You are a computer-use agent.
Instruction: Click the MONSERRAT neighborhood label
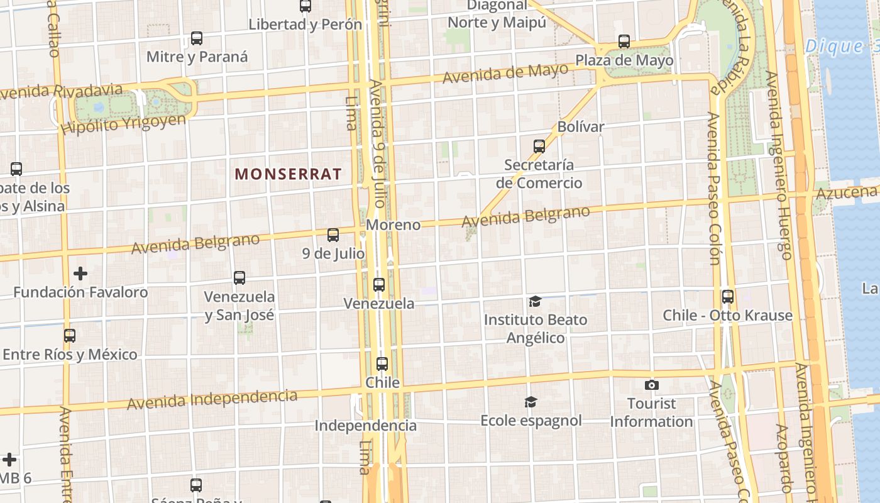[289, 174]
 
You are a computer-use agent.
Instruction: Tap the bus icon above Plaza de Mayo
[624, 41]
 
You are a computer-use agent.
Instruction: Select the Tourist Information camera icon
[652, 384]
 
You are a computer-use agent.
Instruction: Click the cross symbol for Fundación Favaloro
[80, 274]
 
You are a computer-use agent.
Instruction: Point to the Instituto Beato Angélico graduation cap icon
[535, 302]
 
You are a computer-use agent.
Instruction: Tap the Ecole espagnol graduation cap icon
[531, 402]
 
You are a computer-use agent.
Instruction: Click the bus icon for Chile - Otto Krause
[728, 297]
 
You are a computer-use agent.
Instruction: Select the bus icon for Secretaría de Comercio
[539, 146]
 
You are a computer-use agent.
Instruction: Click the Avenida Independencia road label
[212, 399]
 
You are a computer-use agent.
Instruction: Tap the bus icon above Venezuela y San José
[239, 278]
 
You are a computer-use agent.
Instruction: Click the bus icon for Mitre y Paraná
[197, 38]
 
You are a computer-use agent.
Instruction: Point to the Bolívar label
[580, 126]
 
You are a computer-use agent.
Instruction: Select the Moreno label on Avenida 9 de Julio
[393, 224]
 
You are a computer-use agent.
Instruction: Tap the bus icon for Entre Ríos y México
[69, 336]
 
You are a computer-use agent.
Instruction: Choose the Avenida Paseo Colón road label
[713, 189]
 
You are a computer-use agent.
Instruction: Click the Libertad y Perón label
[305, 25]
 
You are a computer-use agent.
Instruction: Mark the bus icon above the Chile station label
[382, 364]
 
